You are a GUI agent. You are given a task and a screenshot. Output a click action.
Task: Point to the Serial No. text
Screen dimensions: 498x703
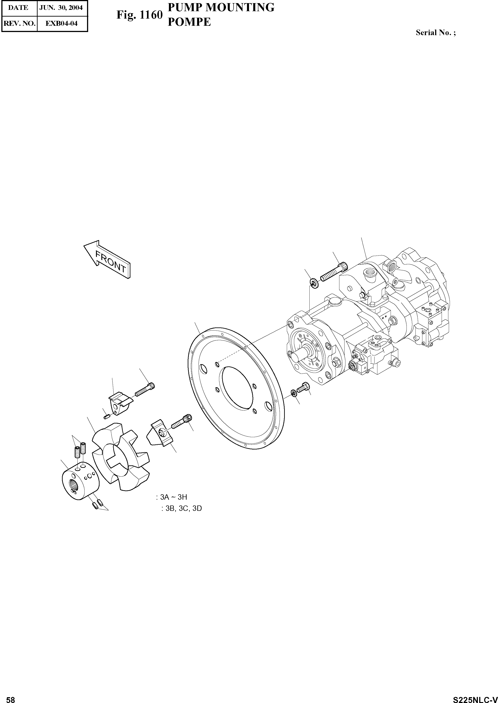click(x=435, y=32)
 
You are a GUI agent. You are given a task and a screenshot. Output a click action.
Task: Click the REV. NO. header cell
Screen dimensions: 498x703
click(x=19, y=23)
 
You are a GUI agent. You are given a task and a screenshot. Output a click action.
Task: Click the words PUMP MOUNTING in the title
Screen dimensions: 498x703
click(x=221, y=7)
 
